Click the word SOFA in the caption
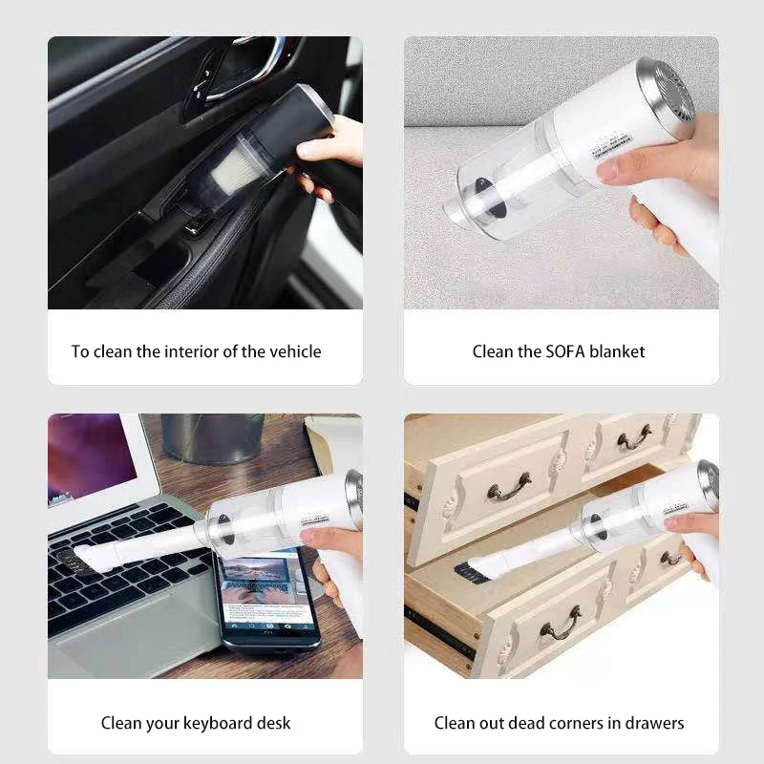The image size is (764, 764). pyautogui.click(x=565, y=351)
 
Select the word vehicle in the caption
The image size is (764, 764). pyautogui.click(x=295, y=351)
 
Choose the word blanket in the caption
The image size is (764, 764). pyautogui.click(x=617, y=351)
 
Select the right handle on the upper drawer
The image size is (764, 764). pyautogui.click(x=633, y=437)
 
